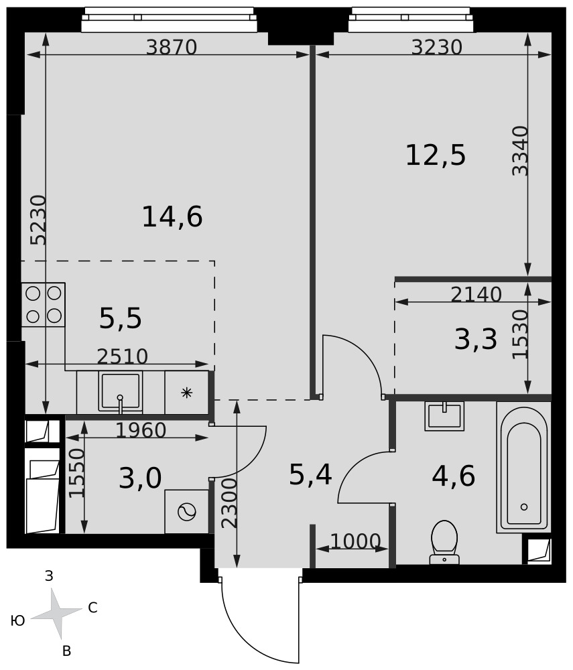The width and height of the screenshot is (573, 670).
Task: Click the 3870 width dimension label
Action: coord(172,47)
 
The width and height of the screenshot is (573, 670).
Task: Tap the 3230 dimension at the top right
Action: coord(437,47)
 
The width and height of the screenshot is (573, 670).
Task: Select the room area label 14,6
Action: coord(172,216)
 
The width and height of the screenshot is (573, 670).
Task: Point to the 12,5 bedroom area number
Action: coord(436,155)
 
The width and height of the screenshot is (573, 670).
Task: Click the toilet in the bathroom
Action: coord(444,542)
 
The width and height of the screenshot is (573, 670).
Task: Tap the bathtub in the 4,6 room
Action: coord(523,468)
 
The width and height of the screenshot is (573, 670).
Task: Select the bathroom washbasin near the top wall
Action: coord(444,416)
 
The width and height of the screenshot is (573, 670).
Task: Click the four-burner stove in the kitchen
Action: coord(43,305)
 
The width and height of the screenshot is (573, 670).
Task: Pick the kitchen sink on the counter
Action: coord(120,392)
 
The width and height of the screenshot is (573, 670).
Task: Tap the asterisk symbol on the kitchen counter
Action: coord(187,392)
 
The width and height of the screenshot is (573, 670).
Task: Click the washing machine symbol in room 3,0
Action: coord(187,511)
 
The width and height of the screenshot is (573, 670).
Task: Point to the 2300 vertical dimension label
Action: coord(229,503)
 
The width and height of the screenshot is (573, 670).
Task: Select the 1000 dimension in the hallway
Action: coord(355,541)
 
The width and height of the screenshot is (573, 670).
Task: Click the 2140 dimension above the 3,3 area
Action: coord(476,294)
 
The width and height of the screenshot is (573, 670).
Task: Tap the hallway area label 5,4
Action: coord(310,475)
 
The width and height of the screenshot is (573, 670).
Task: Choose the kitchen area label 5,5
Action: coord(120,318)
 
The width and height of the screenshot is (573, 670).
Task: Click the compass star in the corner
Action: coord(56,612)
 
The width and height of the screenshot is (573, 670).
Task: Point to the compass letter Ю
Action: coord(17,620)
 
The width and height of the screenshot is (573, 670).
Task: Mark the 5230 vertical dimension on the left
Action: coord(38,220)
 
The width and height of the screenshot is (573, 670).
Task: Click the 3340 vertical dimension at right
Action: coord(521,150)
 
